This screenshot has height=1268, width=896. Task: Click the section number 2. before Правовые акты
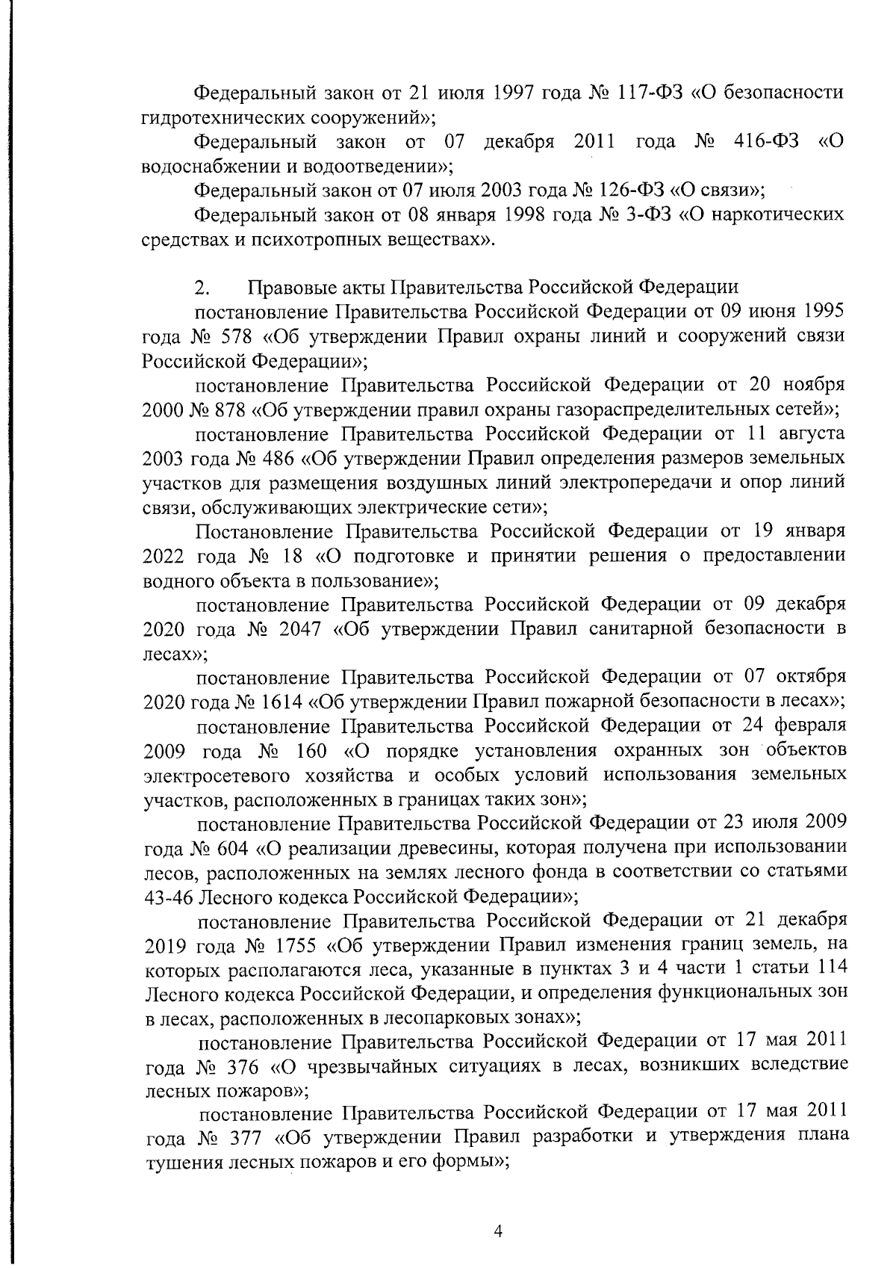coord(201,288)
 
